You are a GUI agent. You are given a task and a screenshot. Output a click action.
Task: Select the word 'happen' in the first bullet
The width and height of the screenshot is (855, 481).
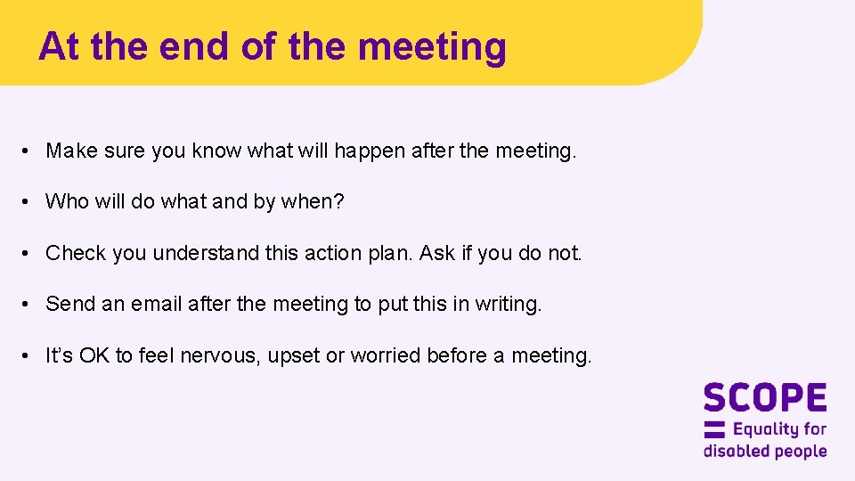tap(370, 151)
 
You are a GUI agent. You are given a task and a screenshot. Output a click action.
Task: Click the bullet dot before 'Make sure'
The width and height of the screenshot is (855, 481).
tap(28, 151)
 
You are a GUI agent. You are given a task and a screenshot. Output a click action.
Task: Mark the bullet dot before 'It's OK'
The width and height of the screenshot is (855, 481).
tap(28, 355)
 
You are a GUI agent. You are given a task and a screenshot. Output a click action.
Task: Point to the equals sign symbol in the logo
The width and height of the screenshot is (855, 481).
tap(714, 428)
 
